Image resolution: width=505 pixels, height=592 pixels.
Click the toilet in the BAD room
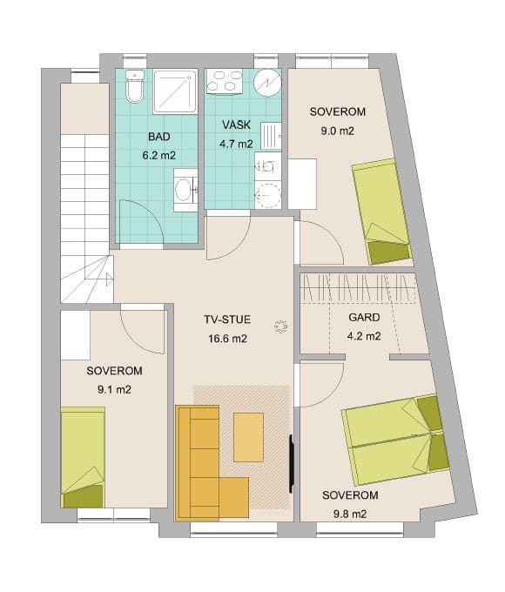pyautogui.click(x=134, y=86)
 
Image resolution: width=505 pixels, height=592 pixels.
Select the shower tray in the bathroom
pyautogui.click(x=175, y=91)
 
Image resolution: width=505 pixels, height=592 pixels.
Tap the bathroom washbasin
pyautogui.click(x=185, y=190)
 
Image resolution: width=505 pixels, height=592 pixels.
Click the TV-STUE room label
pyautogui.click(x=227, y=320)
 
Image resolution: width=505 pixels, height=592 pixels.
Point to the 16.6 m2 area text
pyautogui.click(x=227, y=339)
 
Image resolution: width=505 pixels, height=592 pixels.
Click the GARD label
pyautogui.click(x=364, y=318)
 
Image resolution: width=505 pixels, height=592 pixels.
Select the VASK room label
pyautogui.click(x=237, y=125)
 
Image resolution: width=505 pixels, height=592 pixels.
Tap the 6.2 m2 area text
pyautogui.click(x=159, y=155)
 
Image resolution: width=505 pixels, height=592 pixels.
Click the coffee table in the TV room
pyautogui.click(x=248, y=437)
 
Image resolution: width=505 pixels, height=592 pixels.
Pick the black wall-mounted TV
pyautogui.click(x=291, y=464)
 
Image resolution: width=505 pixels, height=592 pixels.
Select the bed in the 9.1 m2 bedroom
pyautogui.click(x=83, y=457)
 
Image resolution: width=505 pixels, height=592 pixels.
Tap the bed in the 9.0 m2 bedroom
pyautogui.click(x=381, y=212)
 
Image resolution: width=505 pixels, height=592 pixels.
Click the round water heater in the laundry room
pyautogui.click(x=267, y=83)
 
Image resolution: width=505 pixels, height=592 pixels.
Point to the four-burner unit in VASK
pyautogui.click(x=225, y=81)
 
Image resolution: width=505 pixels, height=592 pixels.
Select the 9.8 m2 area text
pyautogui.click(x=350, y=514)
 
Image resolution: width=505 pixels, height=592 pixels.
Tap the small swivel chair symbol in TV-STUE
pyautogui.click(x=281, y=326)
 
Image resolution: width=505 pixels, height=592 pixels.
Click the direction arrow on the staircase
pyautogui.click(x=110, y=279)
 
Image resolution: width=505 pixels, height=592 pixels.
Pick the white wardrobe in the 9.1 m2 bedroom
pyautogui.click(x=76, y=335)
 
